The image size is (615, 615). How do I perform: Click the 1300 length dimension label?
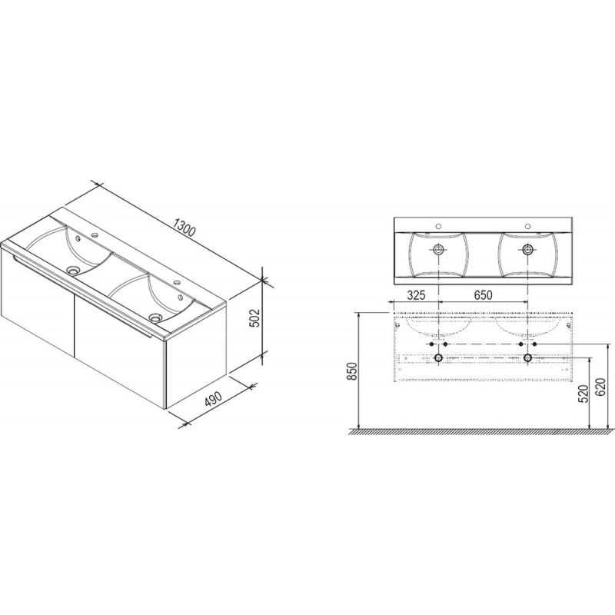pyautogui.click(x=184, y=228)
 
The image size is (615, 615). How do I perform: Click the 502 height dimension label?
pyautogui.click(x=254, y=317)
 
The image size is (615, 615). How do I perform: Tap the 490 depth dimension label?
pyautogui.click(x=214, y=398)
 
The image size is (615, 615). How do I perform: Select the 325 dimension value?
pyautogui.click(x=415, y=294)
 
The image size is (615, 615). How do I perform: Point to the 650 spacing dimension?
pyautogui.click(x=483, y=294)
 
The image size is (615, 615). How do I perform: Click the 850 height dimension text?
pyautogui.click(x=352, y=371)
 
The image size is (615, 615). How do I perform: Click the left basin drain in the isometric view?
pyautogui.click(x=72, y=270)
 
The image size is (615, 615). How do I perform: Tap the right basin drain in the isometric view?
pyautogui.click(x=156, y=316)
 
